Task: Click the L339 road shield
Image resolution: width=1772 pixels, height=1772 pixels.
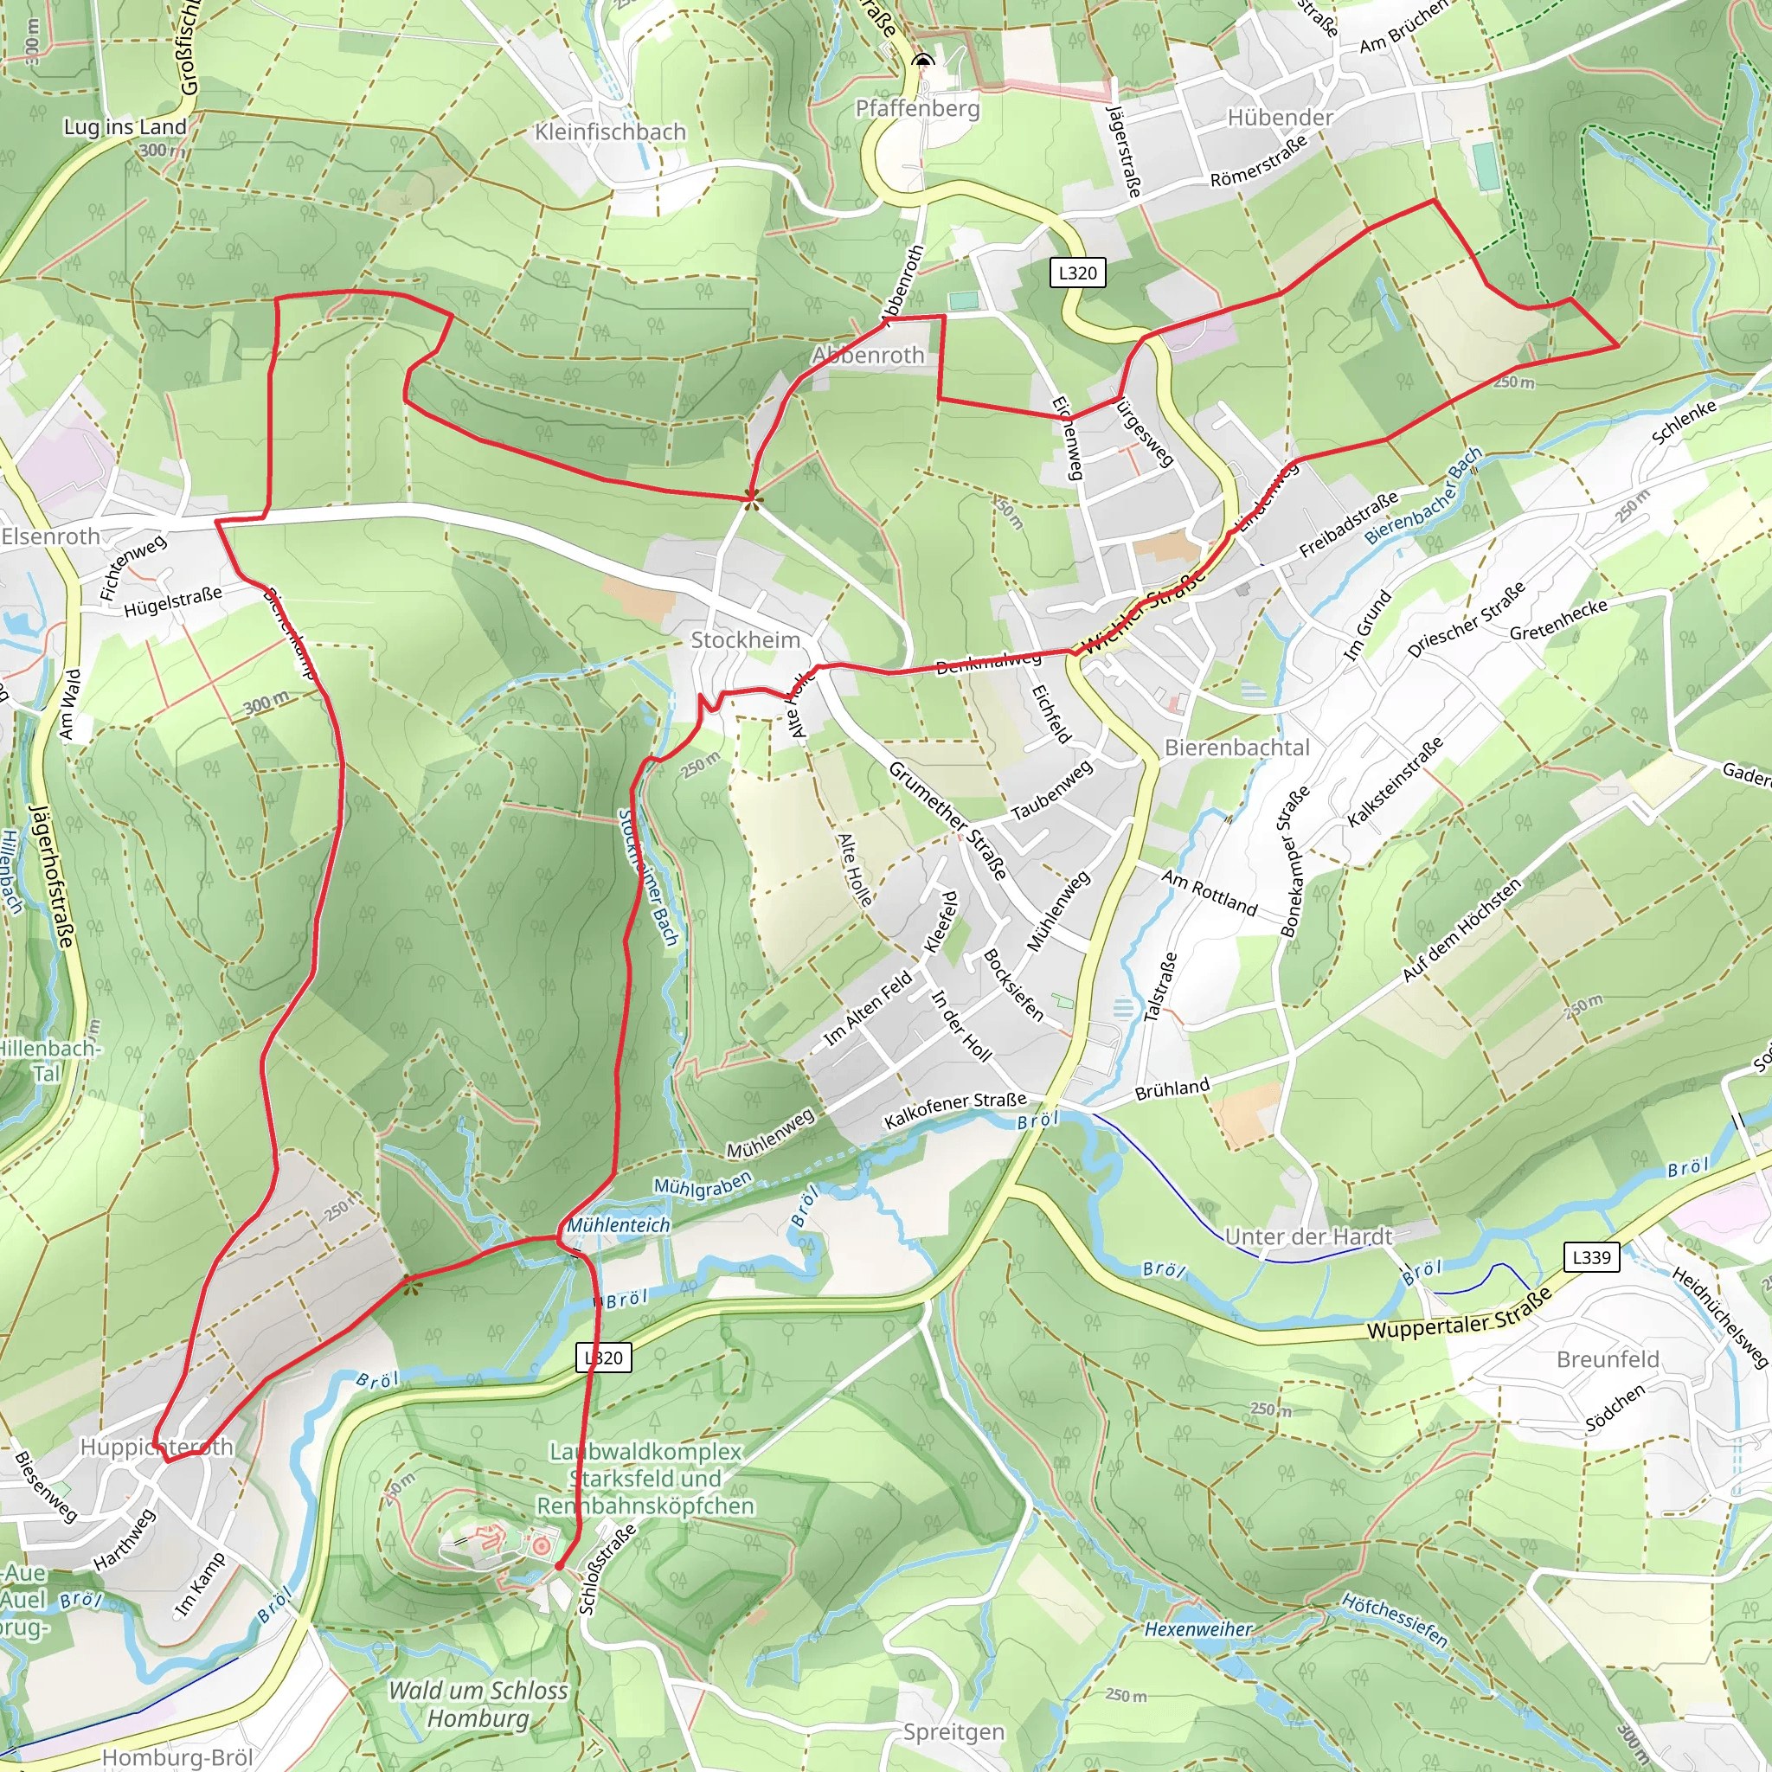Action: pyautogui.click(x=1591, y=1257)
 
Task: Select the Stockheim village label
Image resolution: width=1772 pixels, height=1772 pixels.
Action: pyautogui.click(x=745, y=640)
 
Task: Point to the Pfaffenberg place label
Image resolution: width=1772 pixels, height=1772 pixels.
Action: pyautogui.click(x=917, y=109)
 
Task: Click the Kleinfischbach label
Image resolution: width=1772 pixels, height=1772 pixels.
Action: pyautogui.click(x=610, y=132)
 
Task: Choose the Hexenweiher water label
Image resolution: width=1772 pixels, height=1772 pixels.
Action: pyautogui.click(x=1197, y=1629)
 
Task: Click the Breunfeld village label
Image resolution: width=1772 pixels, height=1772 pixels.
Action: pyautogui.click(x=1607, y=1359)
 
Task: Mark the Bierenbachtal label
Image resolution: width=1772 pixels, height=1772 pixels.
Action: pyautogui.click(x=1236, y=748)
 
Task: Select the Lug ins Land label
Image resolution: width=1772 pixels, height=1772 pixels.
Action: pyautogui.click(x=125, y=126)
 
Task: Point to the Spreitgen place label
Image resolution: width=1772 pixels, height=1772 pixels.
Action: pyautogui.click(x=953, y=1731)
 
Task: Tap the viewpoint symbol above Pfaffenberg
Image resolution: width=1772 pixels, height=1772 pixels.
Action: pyautogui.click(x=923, y=61)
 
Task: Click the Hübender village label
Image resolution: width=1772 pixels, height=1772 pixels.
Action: pyautogui.click(x=1280, y=118)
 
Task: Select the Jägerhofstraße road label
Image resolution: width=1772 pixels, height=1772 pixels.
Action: pyautogui.click(x=52, y=876)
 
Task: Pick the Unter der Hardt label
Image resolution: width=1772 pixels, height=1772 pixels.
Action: pyautogui.click(x=1308, y=1236)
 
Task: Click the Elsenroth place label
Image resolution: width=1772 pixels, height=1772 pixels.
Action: pyautogui.click(x=50, y=536)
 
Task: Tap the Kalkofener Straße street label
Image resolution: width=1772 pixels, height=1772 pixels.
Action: pyautogui.click(x=955, y=1110)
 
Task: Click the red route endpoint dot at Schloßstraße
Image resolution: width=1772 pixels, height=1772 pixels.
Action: pyautogui.click(x=559, y=1567)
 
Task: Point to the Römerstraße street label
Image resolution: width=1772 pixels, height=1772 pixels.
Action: pyautogui.click(x=1258, y=163)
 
